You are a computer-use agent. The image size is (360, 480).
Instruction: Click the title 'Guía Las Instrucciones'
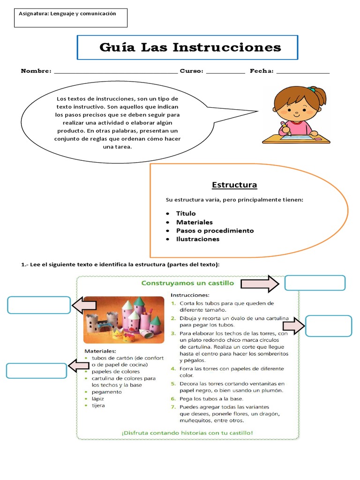[190, 47]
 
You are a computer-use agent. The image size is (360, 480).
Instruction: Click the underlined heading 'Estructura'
[234, 185]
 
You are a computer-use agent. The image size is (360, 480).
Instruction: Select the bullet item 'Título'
[186, 214]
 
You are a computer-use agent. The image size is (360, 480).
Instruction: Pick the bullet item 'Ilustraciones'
[197, 239]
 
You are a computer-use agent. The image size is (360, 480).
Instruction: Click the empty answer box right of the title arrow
[315, 283]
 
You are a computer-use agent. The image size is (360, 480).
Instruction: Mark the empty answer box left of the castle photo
[39, 305]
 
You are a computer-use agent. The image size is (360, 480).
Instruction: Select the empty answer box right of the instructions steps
[328, 326]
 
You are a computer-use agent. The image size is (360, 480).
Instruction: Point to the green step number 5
[172, 383]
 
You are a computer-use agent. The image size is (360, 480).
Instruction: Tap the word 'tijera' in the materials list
[98, 405]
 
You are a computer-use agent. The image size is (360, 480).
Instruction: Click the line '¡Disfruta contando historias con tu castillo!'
[187, 433]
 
